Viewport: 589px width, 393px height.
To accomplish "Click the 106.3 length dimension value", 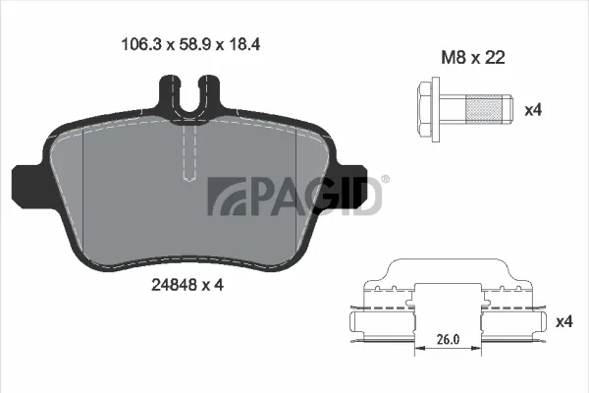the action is (x=141, y=45).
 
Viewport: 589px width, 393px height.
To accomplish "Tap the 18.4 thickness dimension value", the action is (x=243, y=45).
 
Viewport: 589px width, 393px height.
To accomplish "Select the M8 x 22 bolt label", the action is (x=473, y=58).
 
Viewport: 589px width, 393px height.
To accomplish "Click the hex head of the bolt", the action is (x=425, y=110).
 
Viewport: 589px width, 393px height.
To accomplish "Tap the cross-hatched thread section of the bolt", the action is (x=485, y=110).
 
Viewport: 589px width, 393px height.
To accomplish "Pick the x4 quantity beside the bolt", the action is (x=533, y=110).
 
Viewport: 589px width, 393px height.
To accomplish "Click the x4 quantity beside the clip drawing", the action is (x=564, y=322).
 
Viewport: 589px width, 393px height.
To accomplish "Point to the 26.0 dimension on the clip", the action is (x=448, y=339).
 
